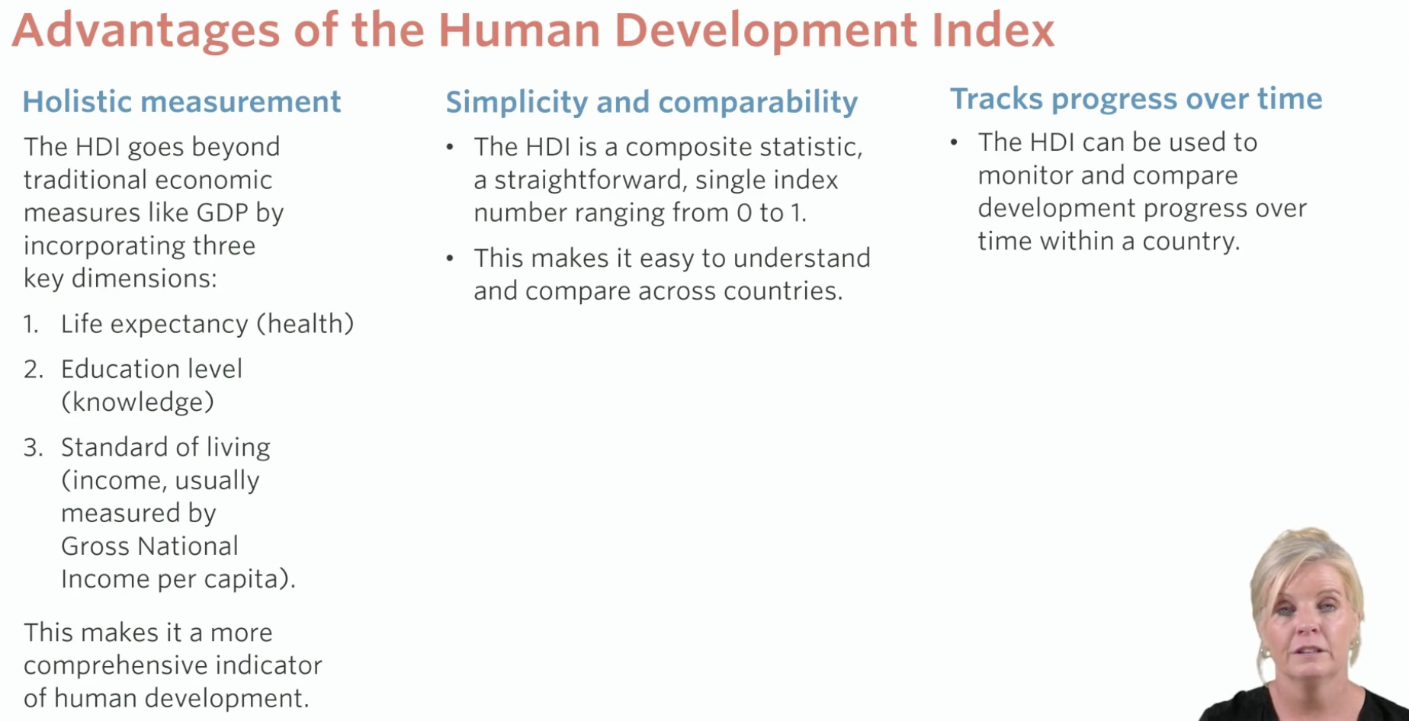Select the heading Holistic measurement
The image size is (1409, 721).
pyautogui.click(x=181, y=101)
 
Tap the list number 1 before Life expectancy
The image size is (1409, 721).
pyautogui.click(x=30, y=324)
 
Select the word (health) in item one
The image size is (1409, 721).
pyautogui.click(x=305, y=324)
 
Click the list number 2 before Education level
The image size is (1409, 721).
pyautogui.click(x=33, y=369)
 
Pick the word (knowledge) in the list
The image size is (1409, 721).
pyautogui.click(x=137, y=402)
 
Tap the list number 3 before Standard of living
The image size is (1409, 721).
pyautogui.click(x=33, y=447)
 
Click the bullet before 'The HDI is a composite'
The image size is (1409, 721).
pyautogui.click(x=451, y=146)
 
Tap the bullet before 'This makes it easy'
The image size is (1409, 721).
pyautogui.click(x=451, y=258)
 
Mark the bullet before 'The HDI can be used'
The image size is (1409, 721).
pyautogui.click(x=954, y=142)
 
